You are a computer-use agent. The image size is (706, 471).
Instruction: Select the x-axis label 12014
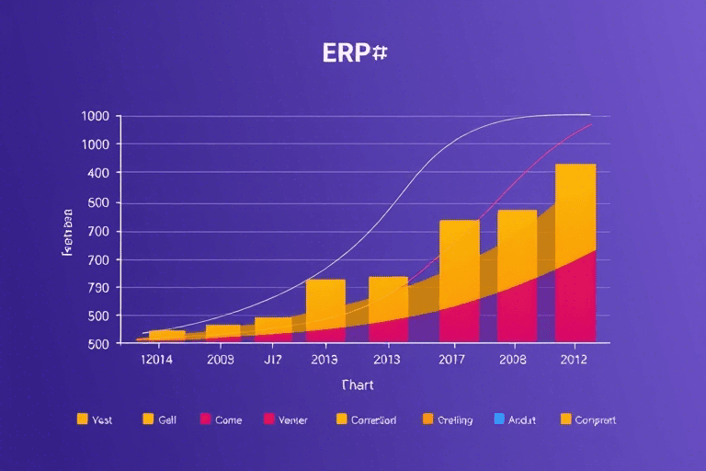click(142, 360)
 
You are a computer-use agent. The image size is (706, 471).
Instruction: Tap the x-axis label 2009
click(222, 360)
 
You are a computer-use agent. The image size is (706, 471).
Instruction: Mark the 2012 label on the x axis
click(575, 360)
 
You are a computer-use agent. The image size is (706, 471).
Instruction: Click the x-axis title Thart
click(357, 385)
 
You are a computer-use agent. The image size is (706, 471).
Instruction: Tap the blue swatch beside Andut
click(499, 419)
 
